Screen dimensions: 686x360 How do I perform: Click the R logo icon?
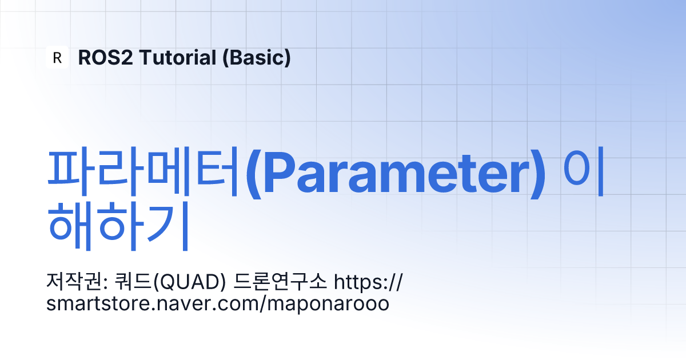point(57,57)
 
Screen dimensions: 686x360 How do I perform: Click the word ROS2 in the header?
point(105,58)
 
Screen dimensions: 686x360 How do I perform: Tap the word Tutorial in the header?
point(178,58)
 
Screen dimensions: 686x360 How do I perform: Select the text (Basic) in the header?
point(257,58)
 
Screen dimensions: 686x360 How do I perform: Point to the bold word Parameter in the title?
point(396,174)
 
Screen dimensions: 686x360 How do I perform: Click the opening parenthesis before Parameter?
point(254,174)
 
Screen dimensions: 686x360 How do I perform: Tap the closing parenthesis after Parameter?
point(538,174)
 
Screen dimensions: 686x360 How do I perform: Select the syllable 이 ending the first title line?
point(584,171)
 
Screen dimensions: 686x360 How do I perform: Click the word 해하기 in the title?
point(118,226)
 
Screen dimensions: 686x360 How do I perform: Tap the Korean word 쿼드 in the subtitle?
point(133,281)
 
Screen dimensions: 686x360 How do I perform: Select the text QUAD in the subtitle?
point(189,282)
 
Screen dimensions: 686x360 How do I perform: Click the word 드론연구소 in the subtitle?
point(280,281)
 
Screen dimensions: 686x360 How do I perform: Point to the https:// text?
point(368,282)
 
